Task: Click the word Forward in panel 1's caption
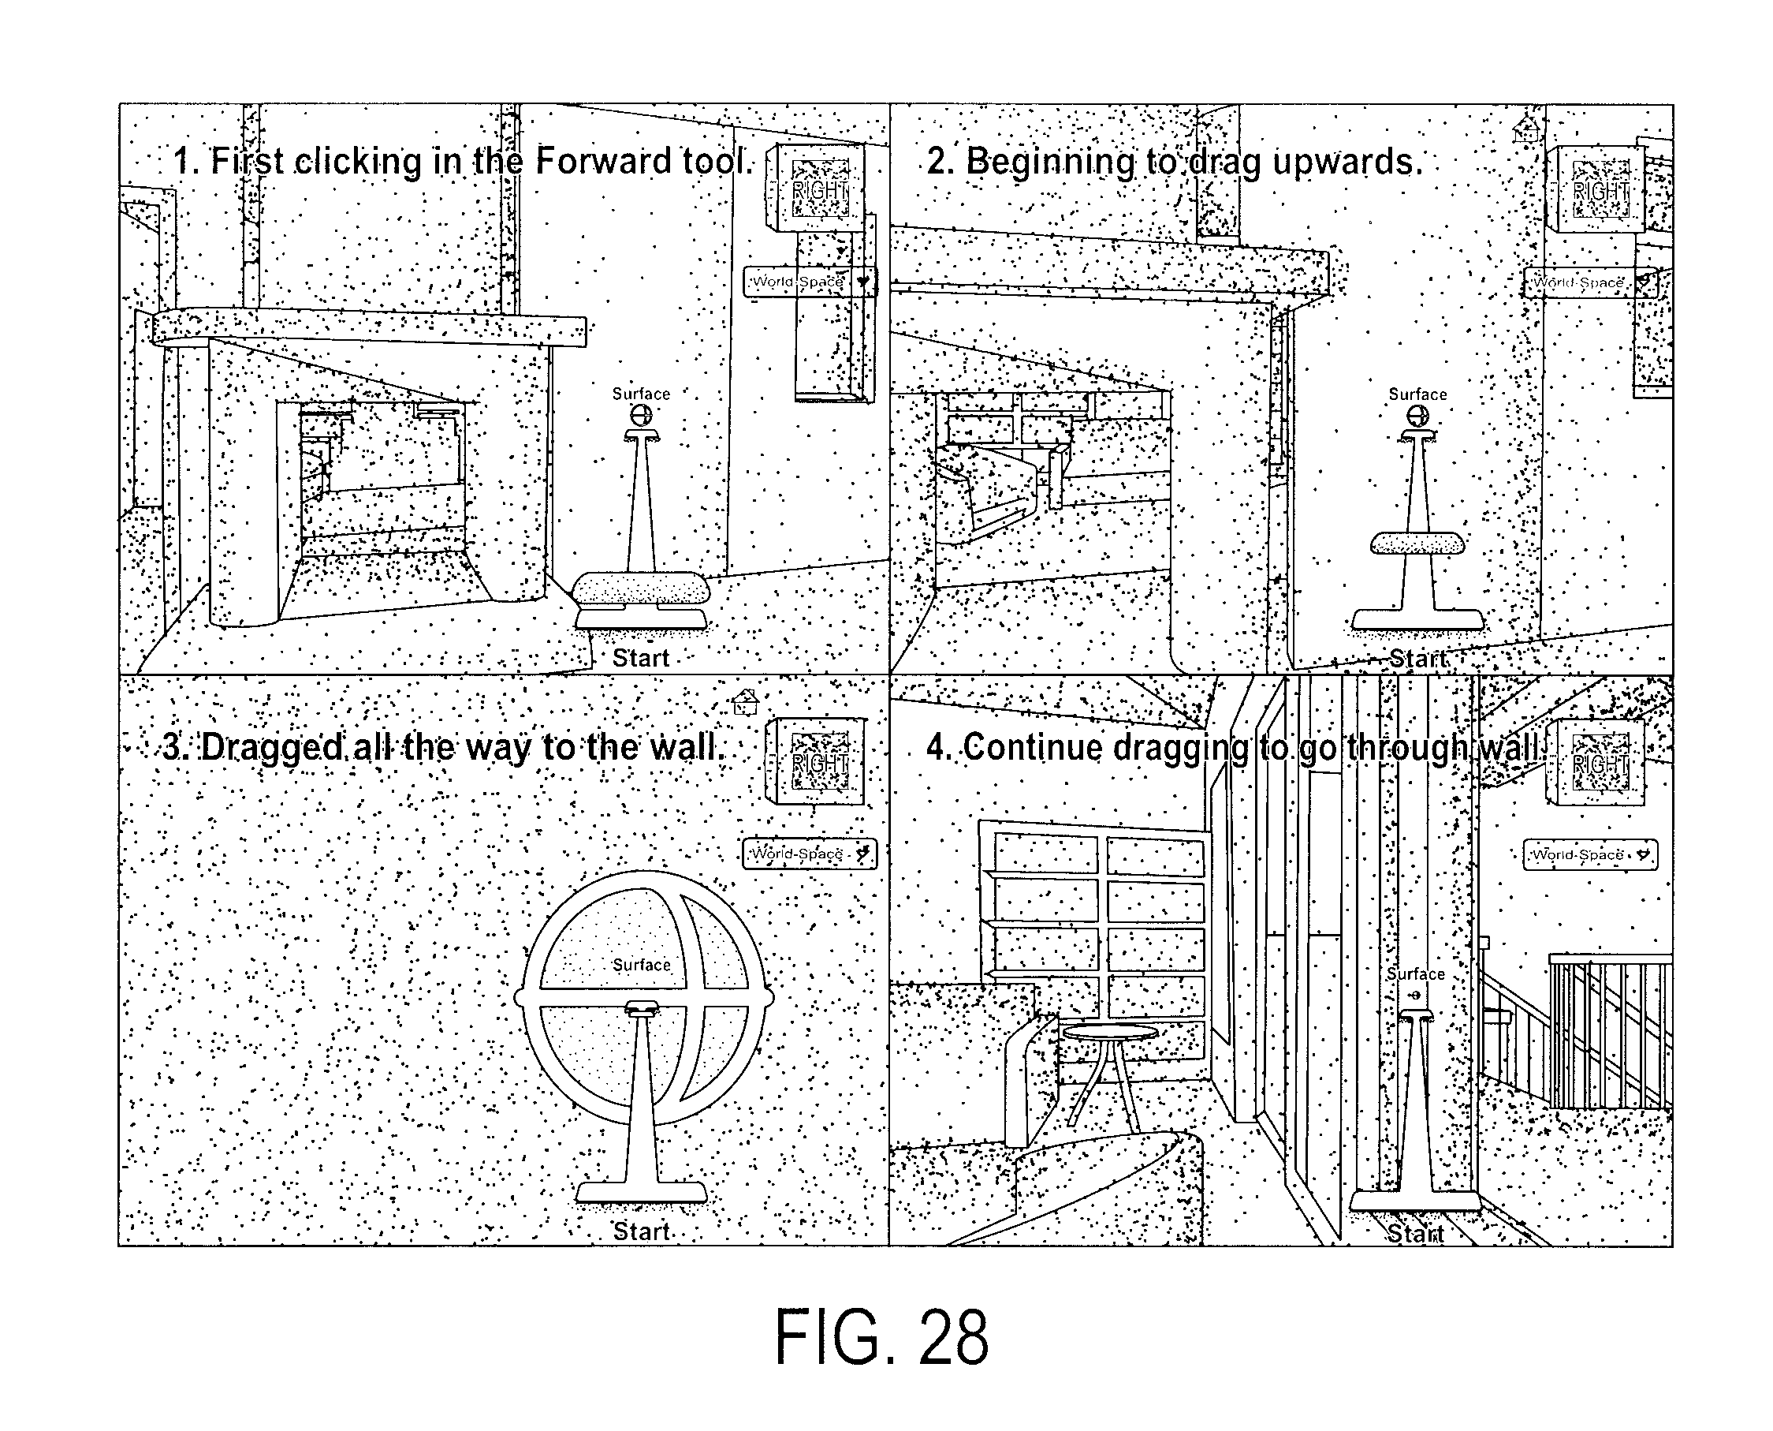tap(602, 161)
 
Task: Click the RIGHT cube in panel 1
tap(817, 188)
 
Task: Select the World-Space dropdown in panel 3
tap(810, 854)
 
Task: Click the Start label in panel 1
tap(641, 658)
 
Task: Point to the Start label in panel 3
tap(641, 1231)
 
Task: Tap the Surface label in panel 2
tap(1417, 394)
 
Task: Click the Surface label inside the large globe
tap(641, 966)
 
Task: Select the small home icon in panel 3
tap(745, 701)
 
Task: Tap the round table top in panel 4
tap(1110, 1031)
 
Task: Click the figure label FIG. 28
tap(881, 1337)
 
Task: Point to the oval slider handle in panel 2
tap(1417, 544)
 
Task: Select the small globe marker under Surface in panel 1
tap(641, 416)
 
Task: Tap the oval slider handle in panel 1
tap(641, 588)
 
